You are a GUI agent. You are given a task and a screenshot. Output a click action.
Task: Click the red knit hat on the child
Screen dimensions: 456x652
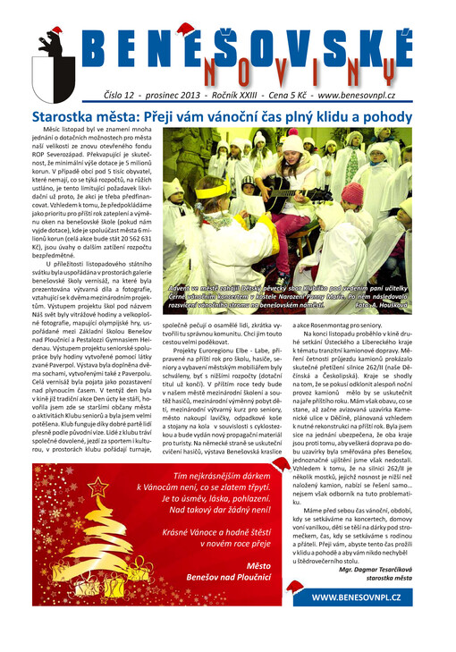(353, 193)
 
